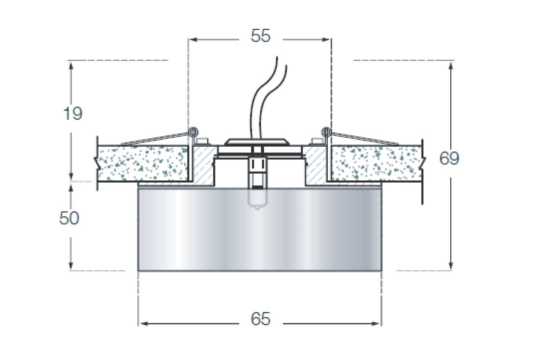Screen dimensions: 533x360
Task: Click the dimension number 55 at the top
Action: click(261, 36)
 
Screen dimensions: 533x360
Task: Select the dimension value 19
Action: click(73, 113)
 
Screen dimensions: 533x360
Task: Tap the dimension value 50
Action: click(69, 218)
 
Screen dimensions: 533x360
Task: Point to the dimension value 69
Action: click(449, 158)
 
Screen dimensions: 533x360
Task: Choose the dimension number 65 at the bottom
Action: click(261, 319)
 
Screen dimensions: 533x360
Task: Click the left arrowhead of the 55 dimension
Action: click(193, 40)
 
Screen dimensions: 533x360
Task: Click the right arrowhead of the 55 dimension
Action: click(326, 40)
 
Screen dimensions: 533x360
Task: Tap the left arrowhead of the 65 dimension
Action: click(144, 324)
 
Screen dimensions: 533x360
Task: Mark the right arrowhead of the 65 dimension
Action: click(375, 324)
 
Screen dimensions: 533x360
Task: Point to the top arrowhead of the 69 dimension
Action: click(450, 66)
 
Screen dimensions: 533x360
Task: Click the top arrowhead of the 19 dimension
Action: click(71, 66)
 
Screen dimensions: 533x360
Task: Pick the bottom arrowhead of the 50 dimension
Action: click(71, 265)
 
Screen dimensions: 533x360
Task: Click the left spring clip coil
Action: click(193, 132)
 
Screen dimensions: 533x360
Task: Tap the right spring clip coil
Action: click(326, 132)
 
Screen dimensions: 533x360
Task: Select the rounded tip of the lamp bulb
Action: click(258, 208)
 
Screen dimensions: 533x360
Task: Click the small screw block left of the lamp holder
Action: click(202, 141)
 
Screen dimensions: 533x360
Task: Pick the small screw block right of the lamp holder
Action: click(318, 141)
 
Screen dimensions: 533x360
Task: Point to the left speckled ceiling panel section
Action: click(143, 164)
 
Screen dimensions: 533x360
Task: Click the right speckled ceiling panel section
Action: click(377, 164)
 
